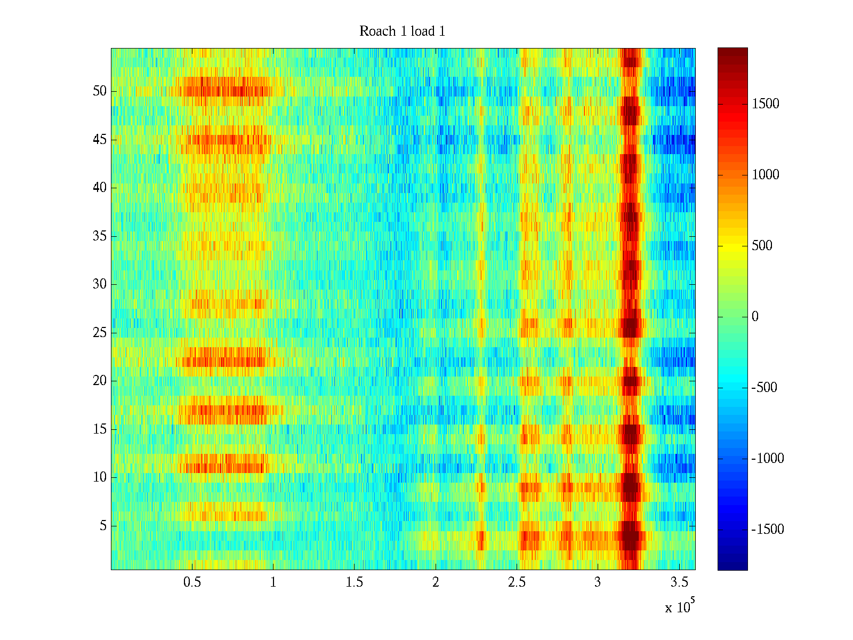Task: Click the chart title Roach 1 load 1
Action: tap(402, 31)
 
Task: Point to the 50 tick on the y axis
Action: tap(100, 91)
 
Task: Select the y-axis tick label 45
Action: tap(100, 140)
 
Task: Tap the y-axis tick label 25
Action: tap(100, 333)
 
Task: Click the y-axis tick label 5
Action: tap(103, 526)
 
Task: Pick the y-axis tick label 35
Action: tap(100, 236)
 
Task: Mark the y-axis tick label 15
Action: tap(100, 429)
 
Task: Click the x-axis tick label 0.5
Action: tap(192, 582)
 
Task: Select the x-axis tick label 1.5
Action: tap(354, 582)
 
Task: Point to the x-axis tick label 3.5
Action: tap(679, 582)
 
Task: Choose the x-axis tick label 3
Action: tap(598, 582)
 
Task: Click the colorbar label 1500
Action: tap(766, 104)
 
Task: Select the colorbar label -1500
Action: tap(768, 530)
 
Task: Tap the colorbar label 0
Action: tap(755, 317)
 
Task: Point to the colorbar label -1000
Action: tap(768, 459)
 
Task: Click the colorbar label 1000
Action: tap(766, 175)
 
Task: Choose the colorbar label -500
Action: tap(765, 388)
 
